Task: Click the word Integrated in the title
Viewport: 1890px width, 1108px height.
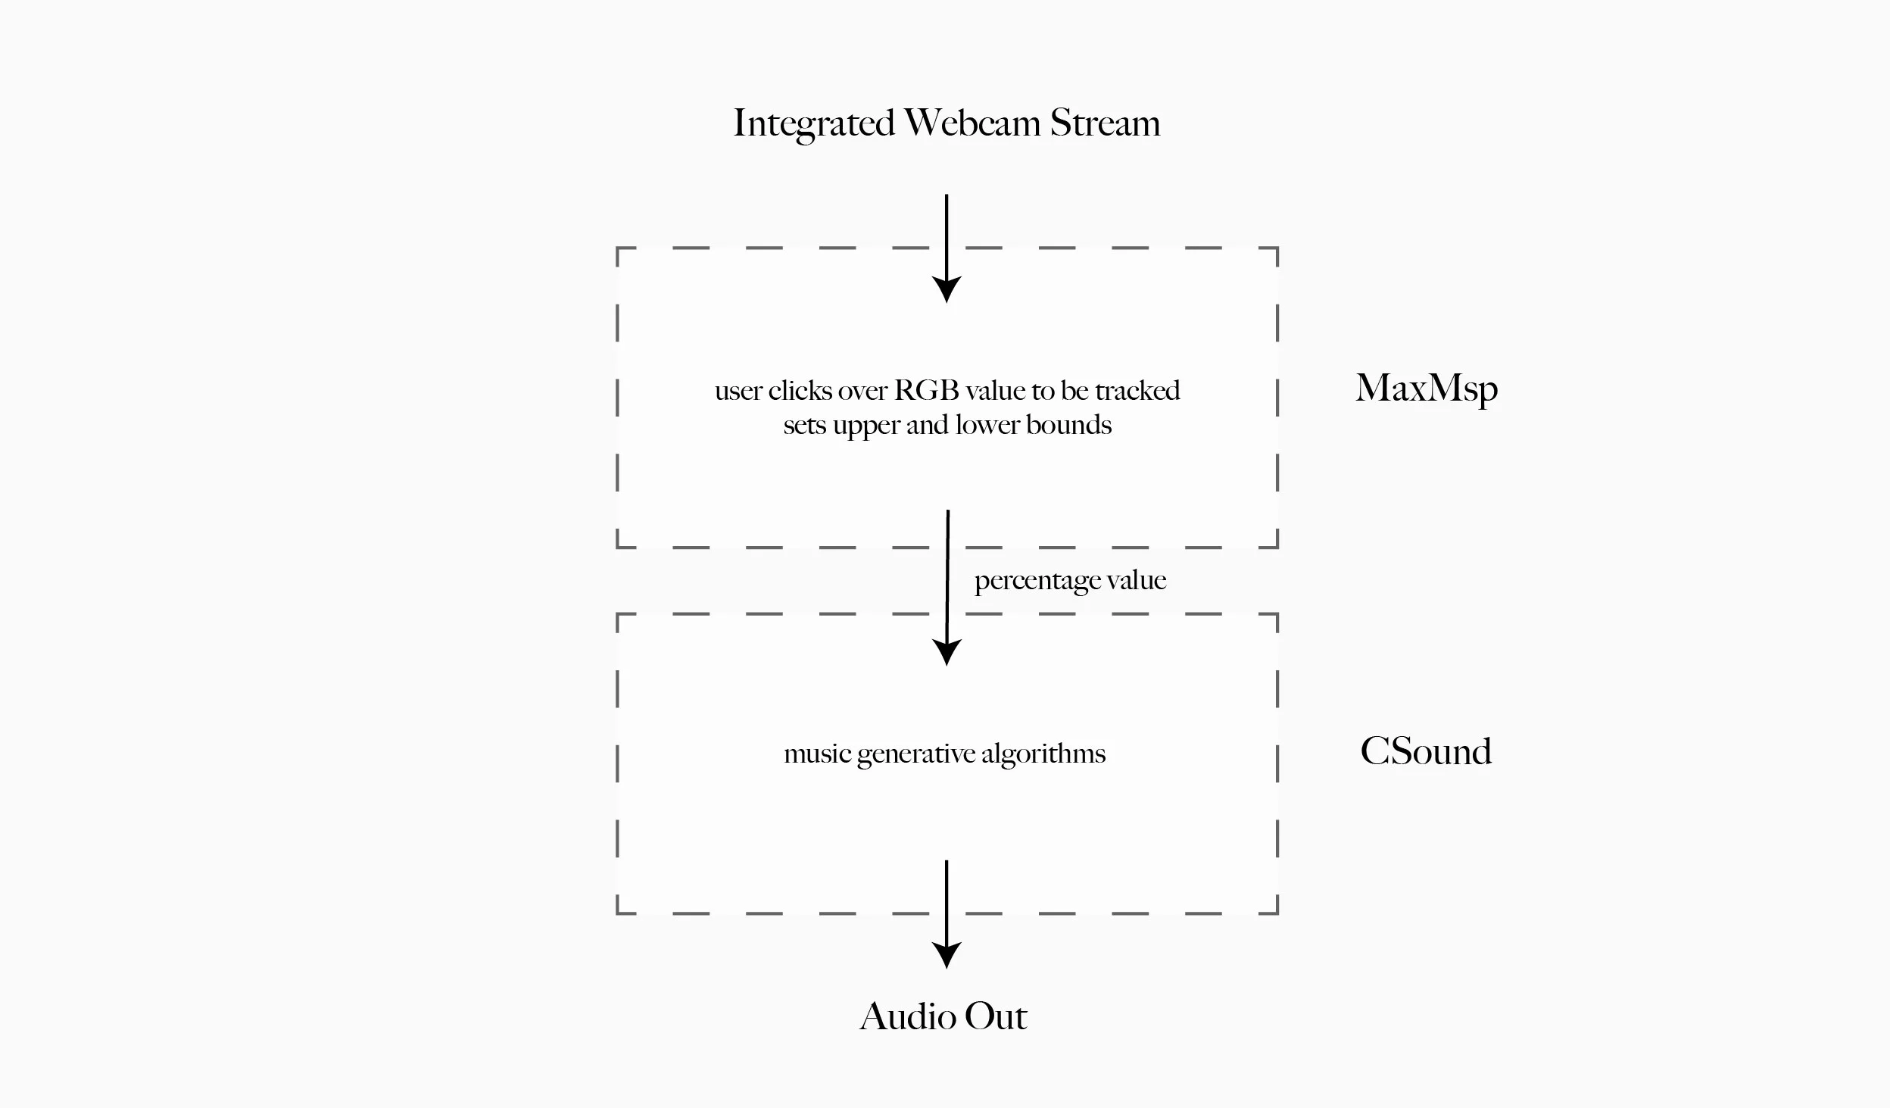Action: pos(814,123)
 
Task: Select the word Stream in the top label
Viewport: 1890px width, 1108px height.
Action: pos(1105,123)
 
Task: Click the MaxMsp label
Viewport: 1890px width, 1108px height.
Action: pos(1426,389)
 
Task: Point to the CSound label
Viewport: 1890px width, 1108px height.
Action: pos(1426,751)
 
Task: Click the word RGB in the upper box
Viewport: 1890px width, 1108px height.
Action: pos(927,391)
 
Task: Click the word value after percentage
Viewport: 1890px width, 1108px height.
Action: pos(1137,580)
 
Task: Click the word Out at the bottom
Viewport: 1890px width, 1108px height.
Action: pos(996,1016)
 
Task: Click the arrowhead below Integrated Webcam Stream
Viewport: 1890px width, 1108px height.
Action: pos(947,289)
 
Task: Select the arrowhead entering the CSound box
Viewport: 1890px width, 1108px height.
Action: pos(947,651)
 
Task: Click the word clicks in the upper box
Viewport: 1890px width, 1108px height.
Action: pos(800,391)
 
